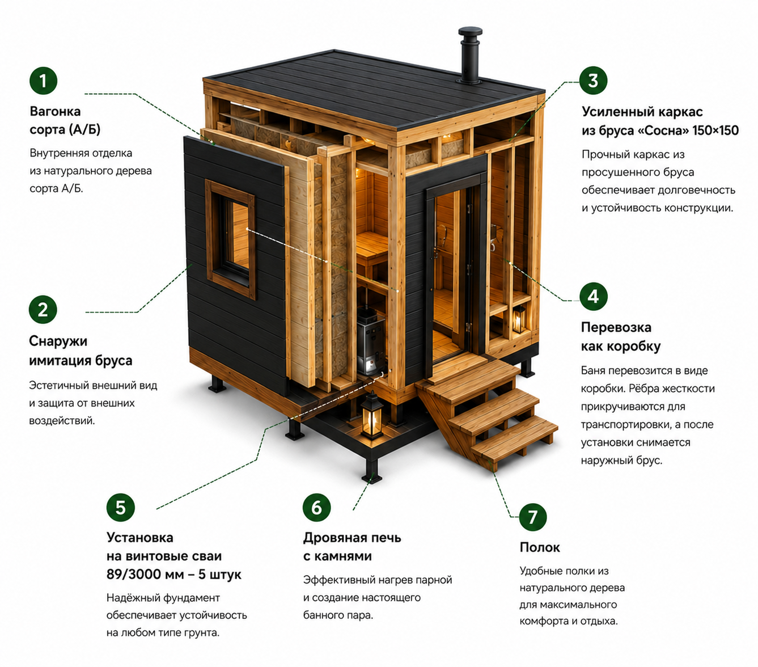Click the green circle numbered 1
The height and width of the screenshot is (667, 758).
(x=43, y=81)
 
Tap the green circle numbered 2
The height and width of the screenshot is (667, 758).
(x=43, y=309)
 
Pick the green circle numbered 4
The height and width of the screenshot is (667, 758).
(x=593, y=297)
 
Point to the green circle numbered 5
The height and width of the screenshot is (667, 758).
(x=120, y=508)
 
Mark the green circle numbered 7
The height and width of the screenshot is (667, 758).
(x=532, y=517)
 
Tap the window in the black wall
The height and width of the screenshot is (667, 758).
(x=231, y=239)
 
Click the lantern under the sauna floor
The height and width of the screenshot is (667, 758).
(x=371, y=415)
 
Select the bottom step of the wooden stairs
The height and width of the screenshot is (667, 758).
(x=515, y=445)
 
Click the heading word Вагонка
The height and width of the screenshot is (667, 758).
(x=55, y=111)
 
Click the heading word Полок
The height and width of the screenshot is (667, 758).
(x=540, y=547)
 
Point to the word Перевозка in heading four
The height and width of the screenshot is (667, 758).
(x=616, y=327)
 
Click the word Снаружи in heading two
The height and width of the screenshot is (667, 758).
(x=58, y=341)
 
